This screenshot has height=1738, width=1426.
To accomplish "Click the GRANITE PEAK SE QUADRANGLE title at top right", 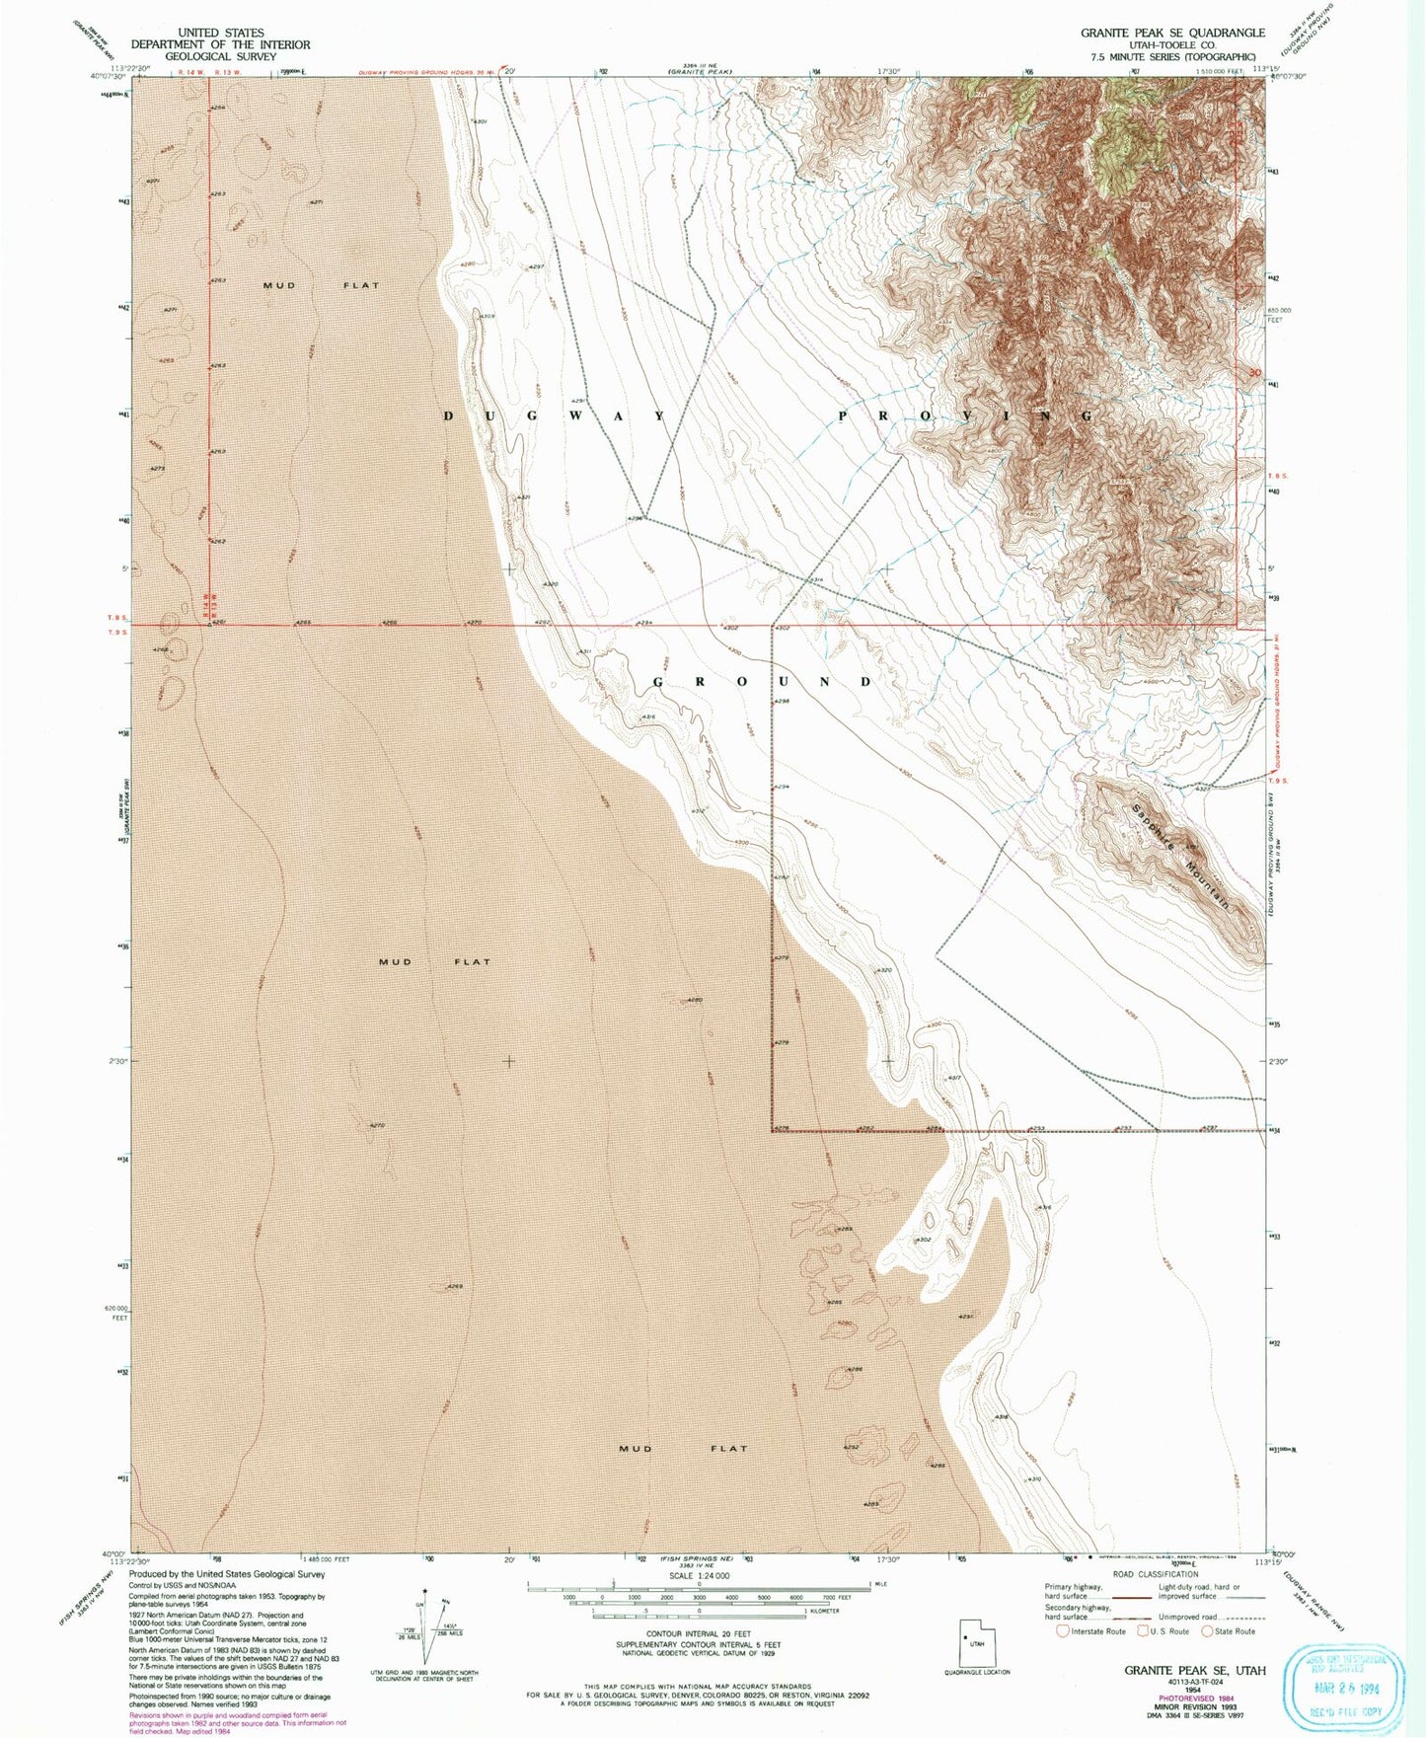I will (x=1172, y=33).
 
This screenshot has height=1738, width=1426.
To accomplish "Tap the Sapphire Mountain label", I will (x=1181, y=856).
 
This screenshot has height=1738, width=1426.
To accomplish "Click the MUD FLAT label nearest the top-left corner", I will (x=321, y=285).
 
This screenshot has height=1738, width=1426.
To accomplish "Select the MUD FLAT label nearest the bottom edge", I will (x=683, y=1449).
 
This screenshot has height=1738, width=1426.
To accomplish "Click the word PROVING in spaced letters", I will (x=965, y=416).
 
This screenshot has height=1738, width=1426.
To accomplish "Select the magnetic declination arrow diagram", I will (x=425, y=1627).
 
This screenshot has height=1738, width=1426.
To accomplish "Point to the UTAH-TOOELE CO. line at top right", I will (x=1172, y=45).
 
